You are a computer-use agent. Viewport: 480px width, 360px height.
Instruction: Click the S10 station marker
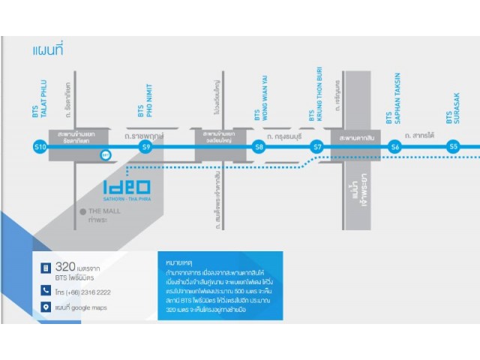tap(40, 148)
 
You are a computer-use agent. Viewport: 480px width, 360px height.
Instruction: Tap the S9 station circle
tap(145, 148)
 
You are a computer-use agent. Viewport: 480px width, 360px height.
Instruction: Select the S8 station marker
tap(259, 148)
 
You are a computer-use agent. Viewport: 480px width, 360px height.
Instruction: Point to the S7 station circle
tap(317, 148)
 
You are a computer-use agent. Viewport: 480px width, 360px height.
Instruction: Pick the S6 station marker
tap(394, 148)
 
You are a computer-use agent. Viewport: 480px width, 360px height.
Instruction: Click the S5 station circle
tap(453, 148)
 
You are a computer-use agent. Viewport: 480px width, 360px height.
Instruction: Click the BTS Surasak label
tap(453, 104)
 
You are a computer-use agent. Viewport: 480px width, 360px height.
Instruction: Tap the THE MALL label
tap(103, 212)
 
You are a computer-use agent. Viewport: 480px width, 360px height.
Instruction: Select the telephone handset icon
tap(46, 290)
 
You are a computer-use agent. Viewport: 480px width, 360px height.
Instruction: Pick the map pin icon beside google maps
tap(46, 307)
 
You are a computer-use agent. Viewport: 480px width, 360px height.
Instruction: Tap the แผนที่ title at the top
tap(47, 50)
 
